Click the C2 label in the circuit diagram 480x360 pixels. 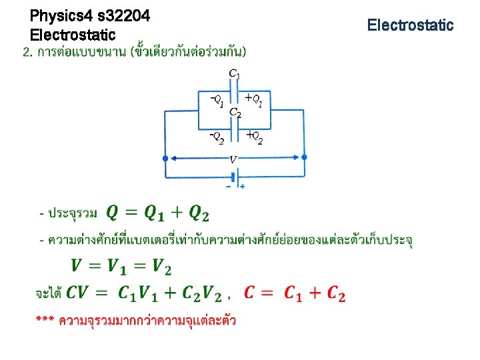[x=235, y=112]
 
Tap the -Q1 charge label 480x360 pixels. [x=217, y=101]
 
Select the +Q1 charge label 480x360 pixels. [x=253, y=101]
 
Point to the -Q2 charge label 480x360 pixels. [x=217, y=137]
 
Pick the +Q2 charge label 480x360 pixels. [x=254, y=137]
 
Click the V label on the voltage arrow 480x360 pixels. [x=233, y=159]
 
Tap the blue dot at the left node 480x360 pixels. [x=166, y=158]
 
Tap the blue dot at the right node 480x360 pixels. [x=304, y=157]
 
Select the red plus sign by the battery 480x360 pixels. [x=242, y=187]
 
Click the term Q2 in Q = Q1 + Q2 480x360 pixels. [x=199, y=213]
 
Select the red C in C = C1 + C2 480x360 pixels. [x=249, y=293]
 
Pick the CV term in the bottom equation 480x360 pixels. [x=78, y=293]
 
